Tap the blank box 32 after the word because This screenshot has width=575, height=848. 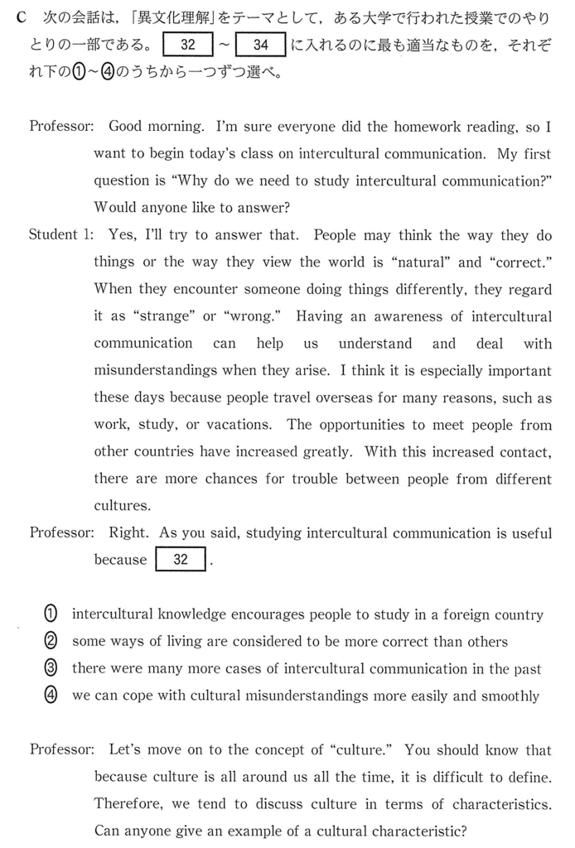pos(181,560)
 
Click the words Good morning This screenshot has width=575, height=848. pos(157,128)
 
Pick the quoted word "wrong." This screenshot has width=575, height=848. pos(245,316)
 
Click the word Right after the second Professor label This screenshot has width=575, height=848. pos(129,532)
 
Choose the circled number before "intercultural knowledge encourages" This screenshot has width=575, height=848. pos(51,614)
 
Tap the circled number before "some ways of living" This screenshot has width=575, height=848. pos(51,642)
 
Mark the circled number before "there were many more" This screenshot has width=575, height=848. pos(51,668)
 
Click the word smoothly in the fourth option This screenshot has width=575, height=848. pos(508,696)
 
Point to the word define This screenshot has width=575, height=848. pos(529,777)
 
